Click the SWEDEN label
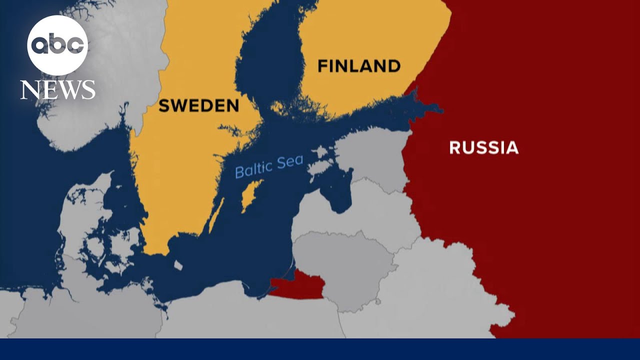pyautogui.click(x=198, y=105)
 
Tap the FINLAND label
pyautogui.click(x=359, y=65)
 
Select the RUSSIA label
pyautogui.click(x=483, y=147)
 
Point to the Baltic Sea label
pyautogui.click(x=269, y=166)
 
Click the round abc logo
pyautogui.click(x=57, y=45)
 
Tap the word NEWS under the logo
pyautogui.click(x=57, y=90)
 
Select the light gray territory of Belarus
pyautogui.click(x=440, y=290)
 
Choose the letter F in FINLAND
pyautogui.click(x=322, y=65)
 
